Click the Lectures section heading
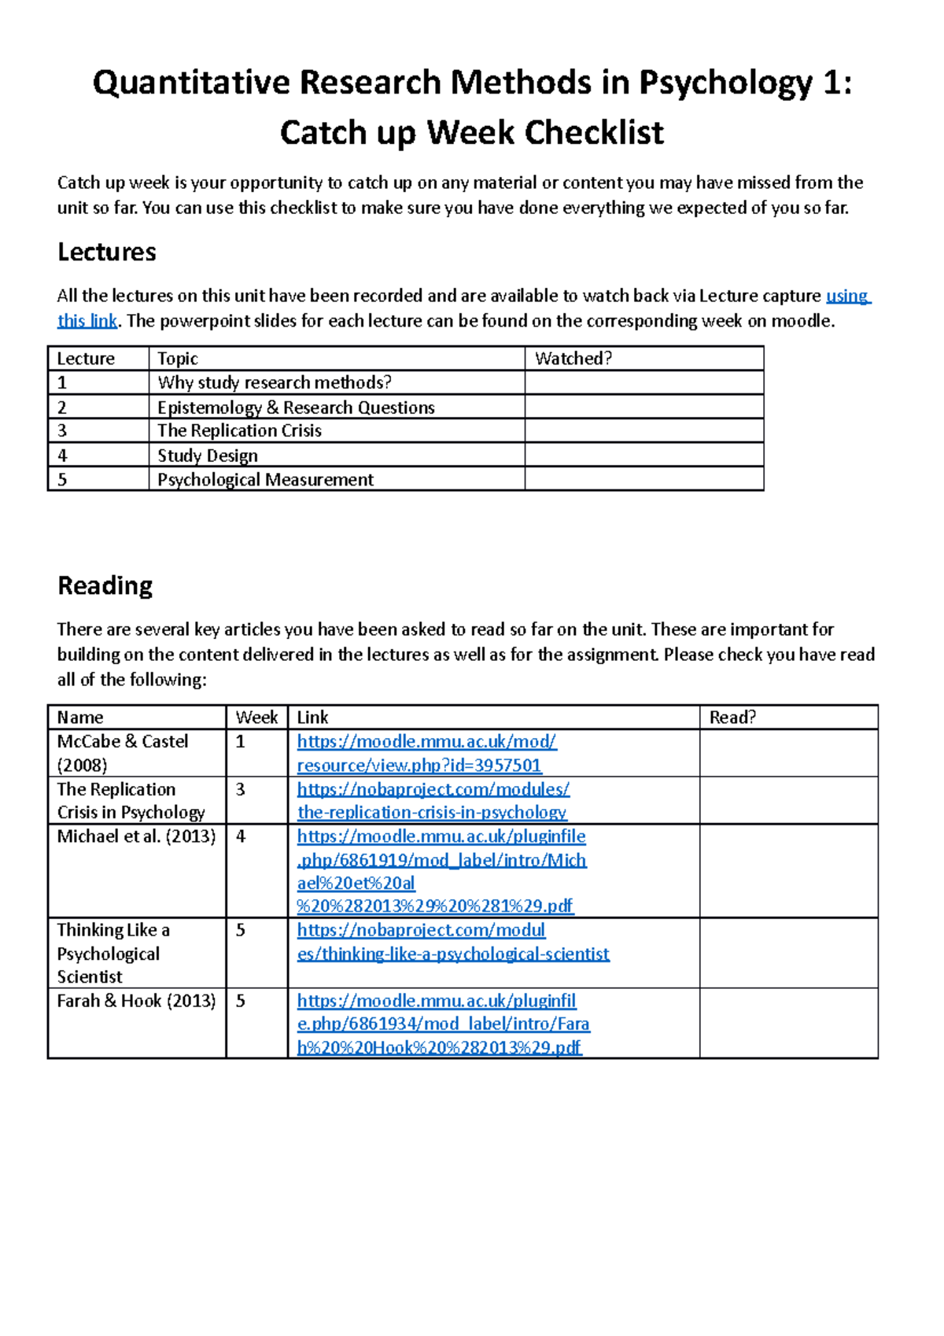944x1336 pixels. click(x=107, y=252)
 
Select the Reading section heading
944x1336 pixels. click(x=105, y=585)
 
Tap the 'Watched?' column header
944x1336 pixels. click(x=573, y=359)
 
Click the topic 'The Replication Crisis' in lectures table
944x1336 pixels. click(x=239, y=430)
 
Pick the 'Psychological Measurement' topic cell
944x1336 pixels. click(x=265, y=479)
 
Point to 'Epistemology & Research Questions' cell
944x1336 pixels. click(x=296, y=408)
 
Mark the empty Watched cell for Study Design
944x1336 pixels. click(x=643, y=455)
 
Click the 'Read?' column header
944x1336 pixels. click(x=732, y=717)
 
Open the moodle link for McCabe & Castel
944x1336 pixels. click(x=426, y=753)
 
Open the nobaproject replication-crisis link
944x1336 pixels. click(x=433, y=800)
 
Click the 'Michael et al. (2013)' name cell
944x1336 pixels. click(x=136, y=836)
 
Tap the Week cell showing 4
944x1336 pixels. click(x=242, y=836)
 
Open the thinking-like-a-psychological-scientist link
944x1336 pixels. click(x=452, y=942)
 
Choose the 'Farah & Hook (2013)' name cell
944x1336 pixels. click(x=136, y=1001)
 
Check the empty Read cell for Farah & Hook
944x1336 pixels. click(x=787, y=1023)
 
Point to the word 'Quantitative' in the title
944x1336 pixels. click(x=191, y=83)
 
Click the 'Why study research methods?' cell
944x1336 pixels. click(x=274, y=382)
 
